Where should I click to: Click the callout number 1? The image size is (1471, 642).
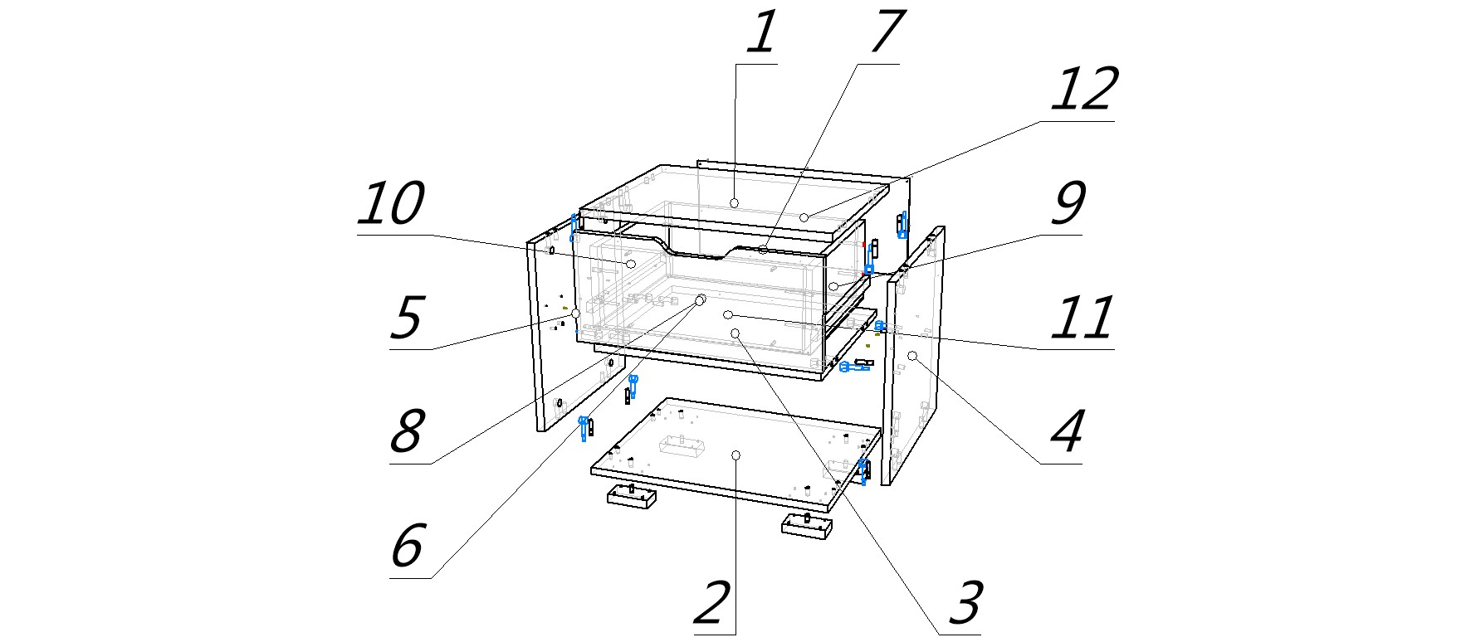761,34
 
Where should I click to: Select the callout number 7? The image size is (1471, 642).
886,32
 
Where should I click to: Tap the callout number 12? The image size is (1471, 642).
1084,90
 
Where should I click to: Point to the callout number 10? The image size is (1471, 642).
391,204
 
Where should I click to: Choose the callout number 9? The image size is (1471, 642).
1068,204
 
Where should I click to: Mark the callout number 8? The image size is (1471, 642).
406,432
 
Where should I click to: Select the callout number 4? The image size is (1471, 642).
1068,432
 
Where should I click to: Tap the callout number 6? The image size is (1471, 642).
407,547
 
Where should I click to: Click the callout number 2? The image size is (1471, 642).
711,604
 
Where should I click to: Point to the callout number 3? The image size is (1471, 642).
965,604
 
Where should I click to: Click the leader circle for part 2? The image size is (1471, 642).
735,455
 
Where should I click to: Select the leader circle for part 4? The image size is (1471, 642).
911,356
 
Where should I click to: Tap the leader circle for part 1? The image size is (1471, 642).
735,202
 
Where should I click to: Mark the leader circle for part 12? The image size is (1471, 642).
804,217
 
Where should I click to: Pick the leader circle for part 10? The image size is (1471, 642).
631,264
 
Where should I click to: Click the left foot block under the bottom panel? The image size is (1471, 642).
631,496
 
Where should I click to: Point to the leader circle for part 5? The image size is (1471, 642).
575,314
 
